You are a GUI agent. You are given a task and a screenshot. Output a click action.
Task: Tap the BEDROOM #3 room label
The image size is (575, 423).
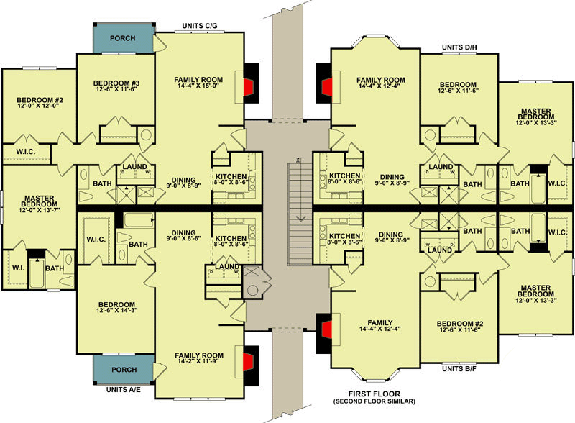[x=116, y=84]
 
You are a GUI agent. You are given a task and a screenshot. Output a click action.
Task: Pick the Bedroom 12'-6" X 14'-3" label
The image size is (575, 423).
[x=115, y=308]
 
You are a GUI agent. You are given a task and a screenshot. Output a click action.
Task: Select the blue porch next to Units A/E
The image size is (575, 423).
[x=124, y=370]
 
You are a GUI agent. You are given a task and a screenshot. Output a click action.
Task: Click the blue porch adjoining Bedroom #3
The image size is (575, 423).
[x=123, y=39]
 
